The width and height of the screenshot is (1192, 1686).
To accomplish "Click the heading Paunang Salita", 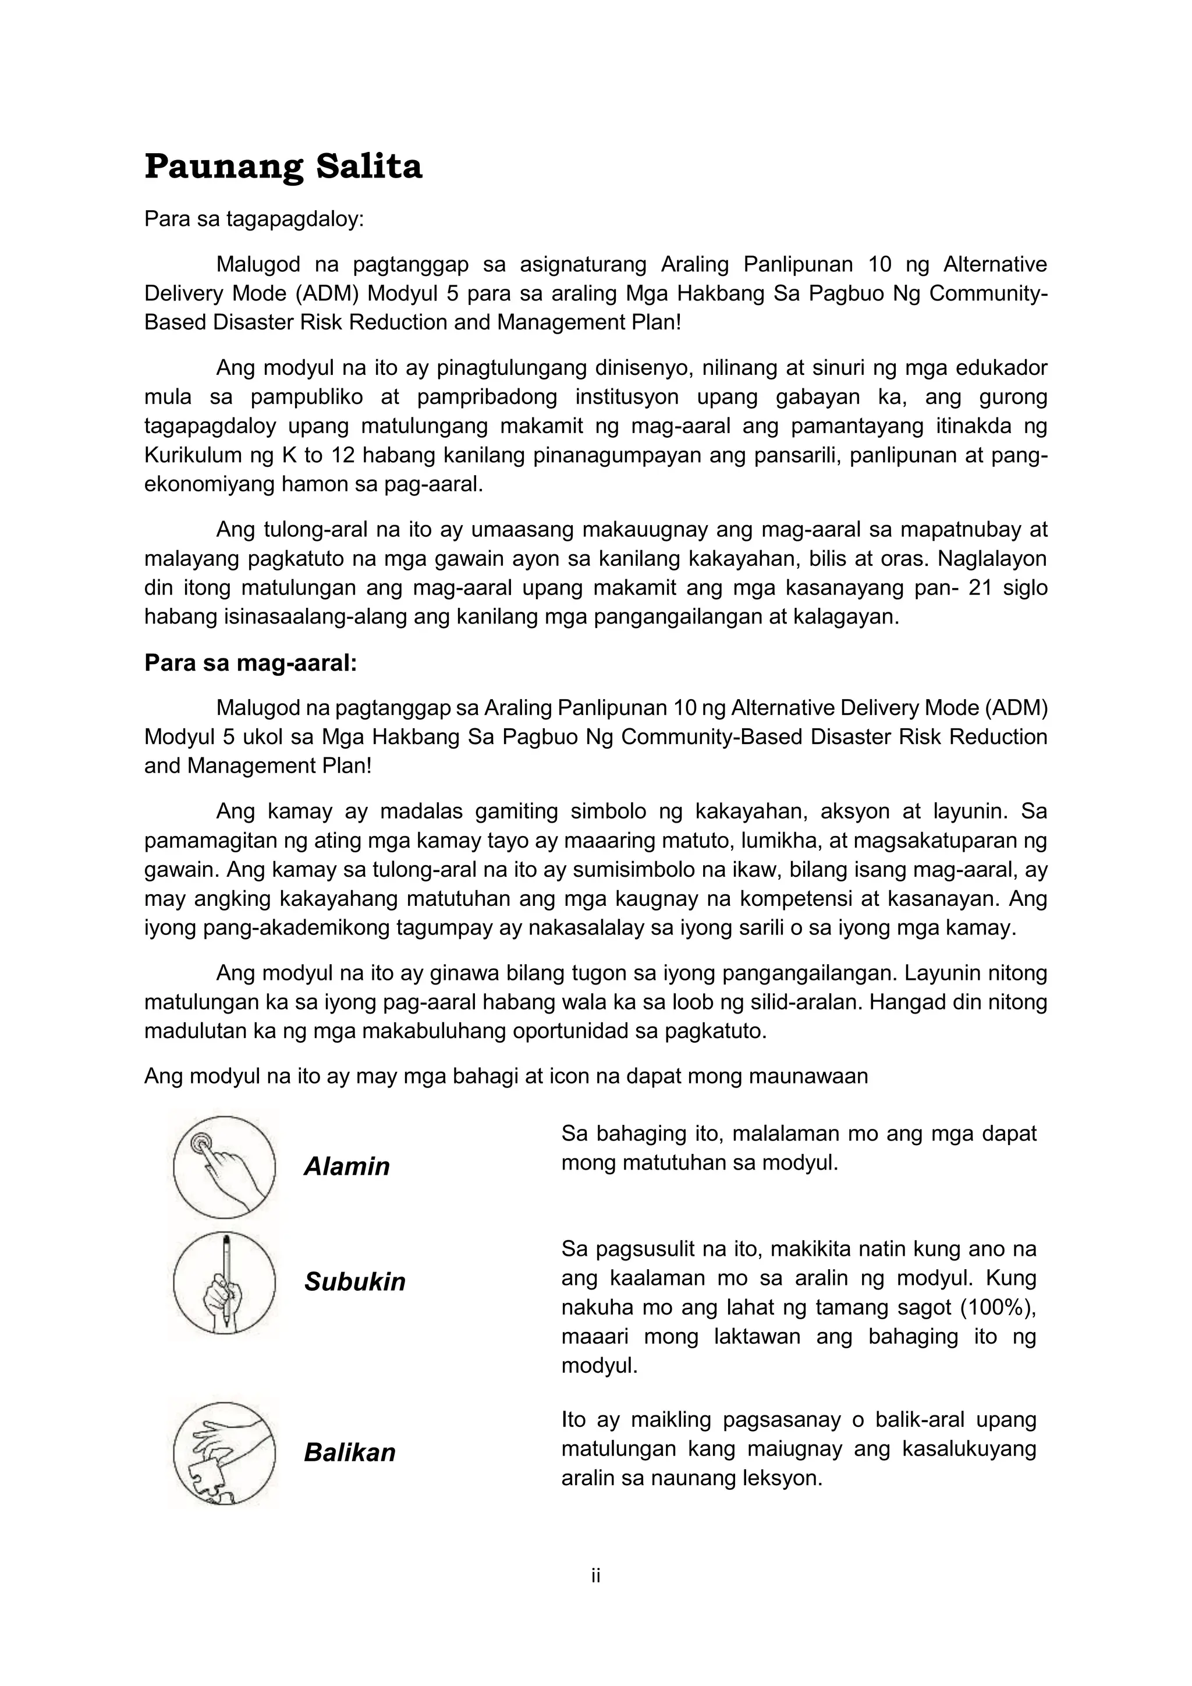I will tap(283, 167).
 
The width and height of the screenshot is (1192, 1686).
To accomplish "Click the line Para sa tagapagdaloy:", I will tap(254, 219).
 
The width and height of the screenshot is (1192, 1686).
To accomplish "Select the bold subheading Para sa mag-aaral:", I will tap(250, 663).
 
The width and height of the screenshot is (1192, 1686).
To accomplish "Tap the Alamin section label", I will tap(346, 1166).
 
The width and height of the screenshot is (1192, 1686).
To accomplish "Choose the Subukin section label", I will tap(354, 1281).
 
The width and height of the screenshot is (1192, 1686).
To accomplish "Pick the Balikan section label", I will tap(349, 1452).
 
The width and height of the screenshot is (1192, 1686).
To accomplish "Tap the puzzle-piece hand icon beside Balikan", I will tap(224, 1454).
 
